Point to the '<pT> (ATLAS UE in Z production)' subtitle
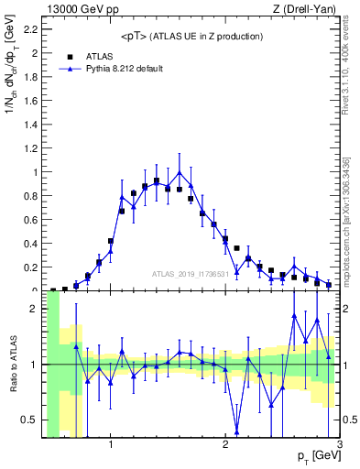(192, 36)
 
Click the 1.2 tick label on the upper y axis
(29, 148)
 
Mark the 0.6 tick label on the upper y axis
(29, 220)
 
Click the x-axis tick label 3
(339, 444)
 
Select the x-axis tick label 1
(111, 444)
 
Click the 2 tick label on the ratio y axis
(33, 309)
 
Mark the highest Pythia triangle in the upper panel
(180, 172)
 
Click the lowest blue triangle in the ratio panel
(237, 431)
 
